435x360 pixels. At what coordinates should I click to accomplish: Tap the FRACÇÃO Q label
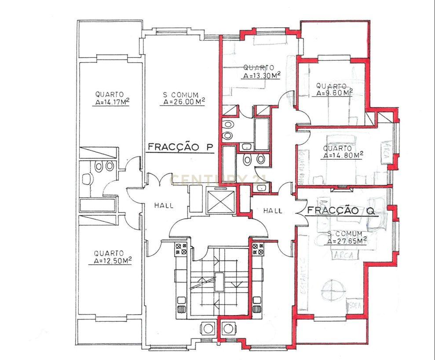pos(341,210)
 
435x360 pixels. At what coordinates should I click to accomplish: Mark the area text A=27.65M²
pos(347,241)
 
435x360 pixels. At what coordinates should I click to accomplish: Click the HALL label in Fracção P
pos(164,205)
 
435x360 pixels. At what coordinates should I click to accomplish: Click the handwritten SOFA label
pos(354,305)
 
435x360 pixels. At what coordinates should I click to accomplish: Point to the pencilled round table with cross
pos(332,292)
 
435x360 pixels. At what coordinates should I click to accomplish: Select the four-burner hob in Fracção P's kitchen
pos(181,249)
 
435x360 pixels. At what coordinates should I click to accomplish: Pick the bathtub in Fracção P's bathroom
pos(98,205)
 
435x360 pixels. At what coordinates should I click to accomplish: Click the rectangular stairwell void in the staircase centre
pos(219,282)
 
